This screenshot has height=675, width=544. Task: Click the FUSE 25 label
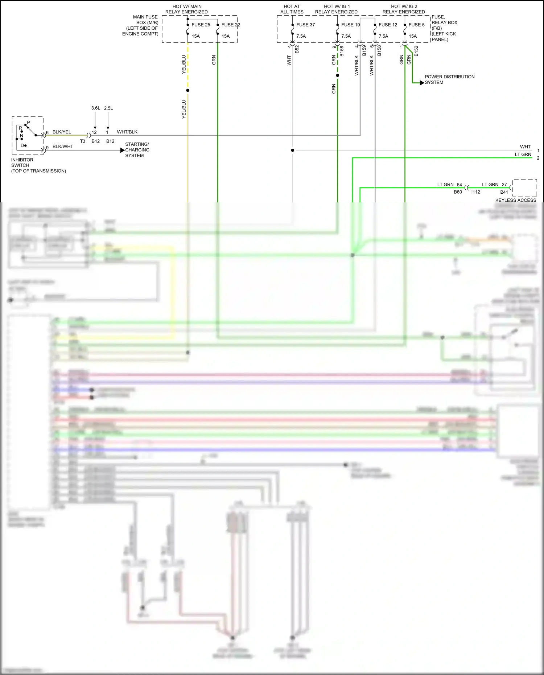(x=201, y=25)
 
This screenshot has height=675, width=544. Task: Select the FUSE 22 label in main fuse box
(x=231, y=25)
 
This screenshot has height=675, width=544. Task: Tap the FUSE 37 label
(x=305, y=25)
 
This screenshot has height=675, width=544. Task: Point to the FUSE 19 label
(x=350, y=25)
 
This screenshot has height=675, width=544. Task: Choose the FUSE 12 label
(x=388, y=25)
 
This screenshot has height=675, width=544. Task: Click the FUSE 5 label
(x=416, y=25)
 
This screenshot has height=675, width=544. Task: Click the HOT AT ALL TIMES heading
(x=292, y=9)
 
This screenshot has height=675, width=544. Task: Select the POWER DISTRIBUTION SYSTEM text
(x=449, y=79)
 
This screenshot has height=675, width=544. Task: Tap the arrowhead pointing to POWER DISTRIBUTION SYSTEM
(x=422, y=83)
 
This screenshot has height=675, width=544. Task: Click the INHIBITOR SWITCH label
(x=22, y=162)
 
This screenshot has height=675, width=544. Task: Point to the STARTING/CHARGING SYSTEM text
(x=137, y=150)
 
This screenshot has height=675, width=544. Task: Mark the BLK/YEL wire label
(x=62, y=132)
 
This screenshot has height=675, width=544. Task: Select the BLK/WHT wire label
(x=63, y=146)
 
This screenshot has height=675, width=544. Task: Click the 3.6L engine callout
(x=95, y=108)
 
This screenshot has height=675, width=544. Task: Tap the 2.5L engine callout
(x=108, y=108)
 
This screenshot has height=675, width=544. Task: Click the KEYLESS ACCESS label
(x=515, y=200)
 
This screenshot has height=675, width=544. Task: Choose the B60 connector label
(x=458, y=192)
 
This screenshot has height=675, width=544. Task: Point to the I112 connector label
(x=475, y=192)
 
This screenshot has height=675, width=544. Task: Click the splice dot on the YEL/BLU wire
(x=187, y=90)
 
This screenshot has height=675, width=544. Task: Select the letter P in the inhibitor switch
(x=29, y=122)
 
